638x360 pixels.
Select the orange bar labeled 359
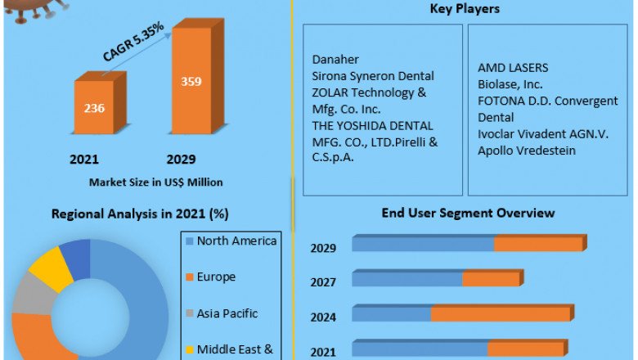[x=191, y=81]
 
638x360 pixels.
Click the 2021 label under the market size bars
[x=85, y=159]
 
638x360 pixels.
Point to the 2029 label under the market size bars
[x=181, y=159]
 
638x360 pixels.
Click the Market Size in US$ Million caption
[x=144, y=182]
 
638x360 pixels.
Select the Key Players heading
[x=465, y=9]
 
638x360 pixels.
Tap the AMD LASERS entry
[x=513, y=67]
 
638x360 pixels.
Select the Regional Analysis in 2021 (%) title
[x=140, y=214]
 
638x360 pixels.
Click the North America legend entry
[x=237, y=241]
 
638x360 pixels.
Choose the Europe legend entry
[x=216, y=277]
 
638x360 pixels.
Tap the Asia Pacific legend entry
[x=227, y=313]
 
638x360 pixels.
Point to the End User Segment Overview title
[x=468, y=213]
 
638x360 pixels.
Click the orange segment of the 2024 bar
[x=500, y=314]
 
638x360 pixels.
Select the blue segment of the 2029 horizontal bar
[x=423, y=244]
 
